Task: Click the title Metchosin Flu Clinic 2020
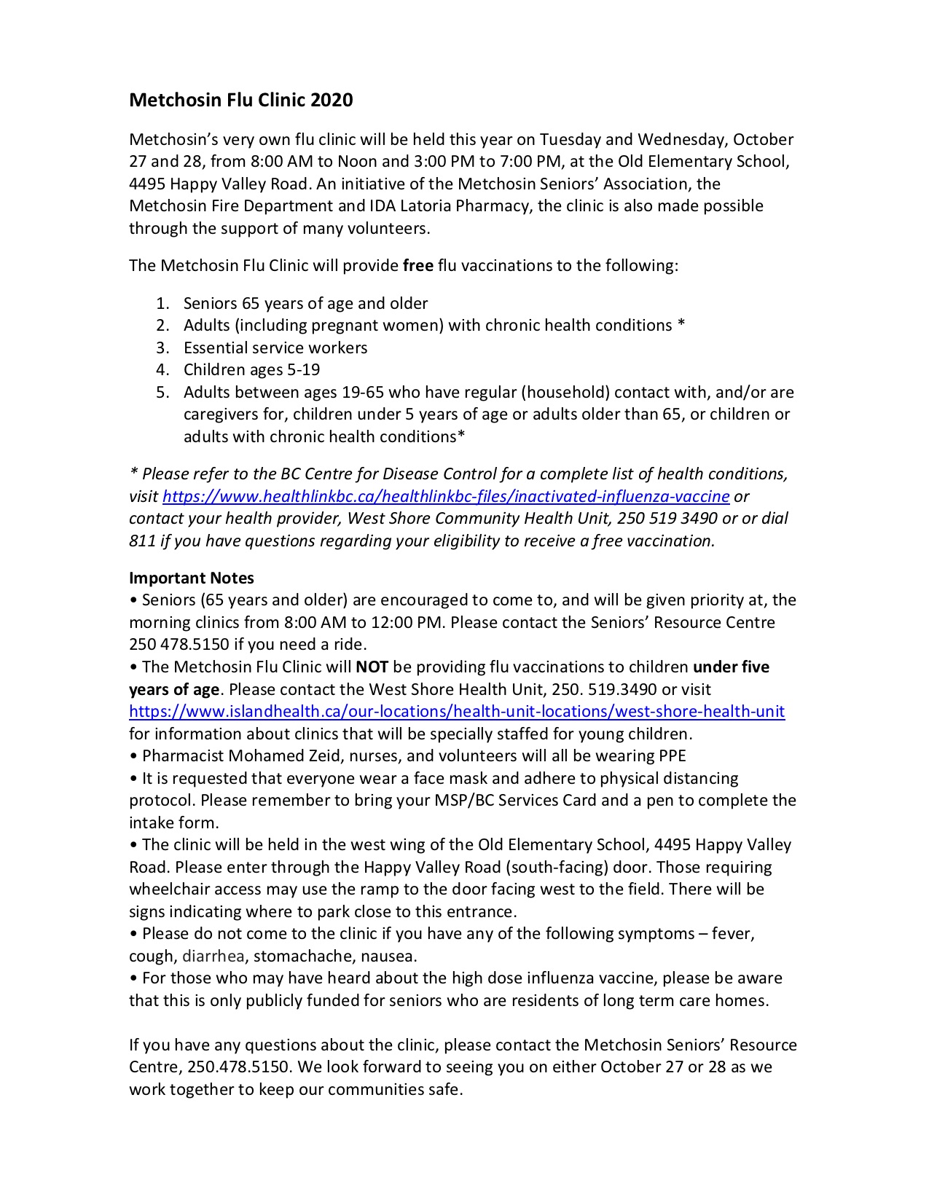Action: (x=240, y=100)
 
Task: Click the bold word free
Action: (x=418, y=265)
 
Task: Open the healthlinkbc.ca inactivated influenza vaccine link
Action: (x=446, y=496)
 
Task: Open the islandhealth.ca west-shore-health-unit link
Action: (x=457, y=711)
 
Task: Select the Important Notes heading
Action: (x=192, y=578)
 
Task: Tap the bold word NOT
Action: (x=372, y=667)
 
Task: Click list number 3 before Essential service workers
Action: (x=162, y=347)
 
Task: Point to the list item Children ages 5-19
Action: (x=251, y=369)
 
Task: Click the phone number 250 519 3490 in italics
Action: (x=667, y=518)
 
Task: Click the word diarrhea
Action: (x=213, y=956)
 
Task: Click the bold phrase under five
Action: (x=731, y=667)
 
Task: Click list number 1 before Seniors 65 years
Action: (x=162, y=303)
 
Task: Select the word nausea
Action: (x=390, y=956)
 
